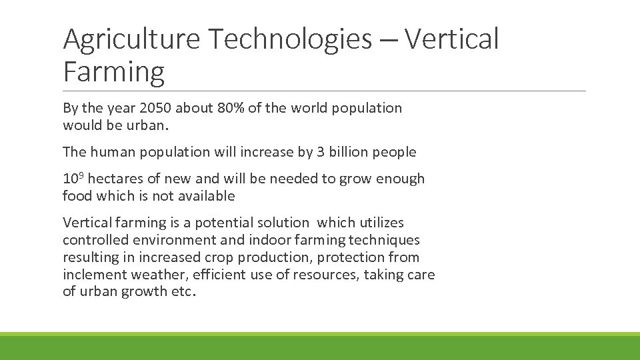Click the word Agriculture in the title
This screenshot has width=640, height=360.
131,40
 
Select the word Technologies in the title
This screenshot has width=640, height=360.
289,40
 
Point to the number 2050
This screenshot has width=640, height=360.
157,108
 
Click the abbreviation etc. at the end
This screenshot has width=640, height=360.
184,292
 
